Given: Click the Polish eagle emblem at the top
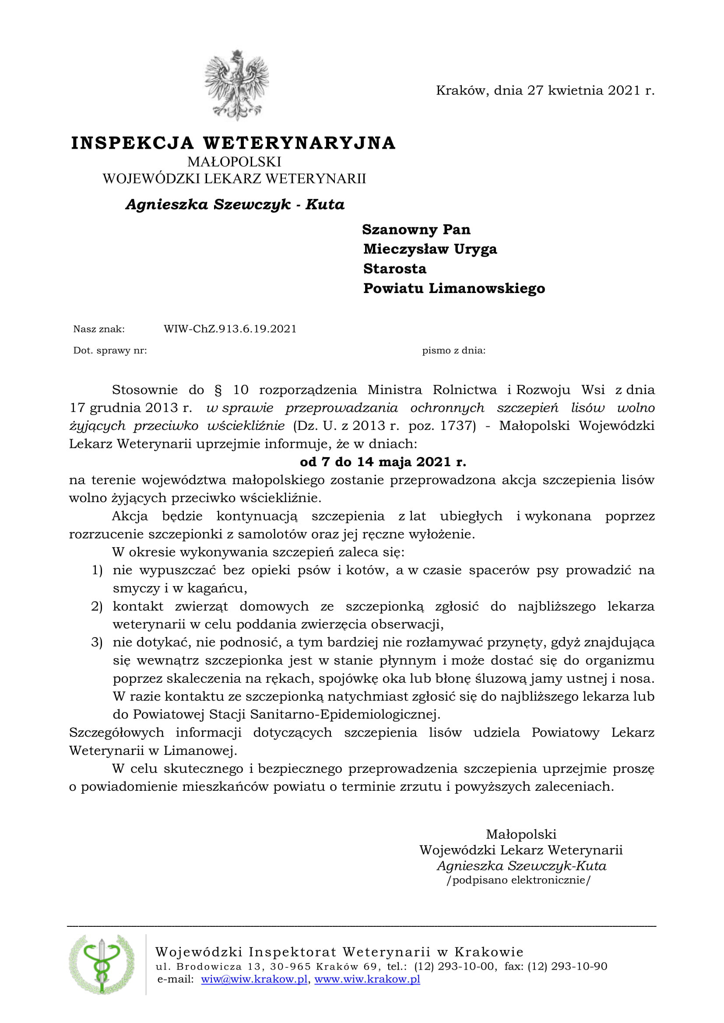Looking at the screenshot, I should (236, 85).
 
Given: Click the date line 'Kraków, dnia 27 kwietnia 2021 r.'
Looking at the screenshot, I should (545, 91).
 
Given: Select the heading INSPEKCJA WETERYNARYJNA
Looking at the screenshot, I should (233, 143).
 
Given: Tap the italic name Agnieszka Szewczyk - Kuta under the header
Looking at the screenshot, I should (235, 205).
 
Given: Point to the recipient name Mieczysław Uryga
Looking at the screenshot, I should (430, 249).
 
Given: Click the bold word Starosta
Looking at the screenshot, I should (394, 269).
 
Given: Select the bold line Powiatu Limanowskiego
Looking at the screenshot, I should (454, 288).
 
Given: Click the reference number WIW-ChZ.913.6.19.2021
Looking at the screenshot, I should (230, 329).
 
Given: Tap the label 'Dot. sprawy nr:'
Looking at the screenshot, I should (110, 350).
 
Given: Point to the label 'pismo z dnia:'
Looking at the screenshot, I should (454, 350).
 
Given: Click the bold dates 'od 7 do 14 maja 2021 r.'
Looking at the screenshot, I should (383, 461).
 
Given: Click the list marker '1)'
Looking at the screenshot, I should (97, 570).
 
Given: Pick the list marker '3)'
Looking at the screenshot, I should (97, 642).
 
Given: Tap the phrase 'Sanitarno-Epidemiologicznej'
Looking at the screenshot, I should (344, 714).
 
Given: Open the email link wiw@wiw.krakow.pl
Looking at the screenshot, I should (254, 979).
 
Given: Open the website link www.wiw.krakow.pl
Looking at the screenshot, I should (367, 979).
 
